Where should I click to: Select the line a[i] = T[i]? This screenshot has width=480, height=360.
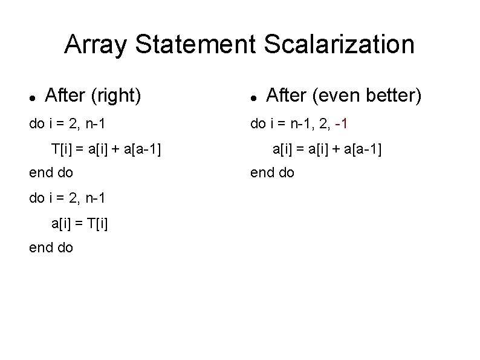point(80,223)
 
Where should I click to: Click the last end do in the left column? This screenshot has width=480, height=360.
point(51,247)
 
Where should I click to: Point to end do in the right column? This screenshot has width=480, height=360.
point(273,172)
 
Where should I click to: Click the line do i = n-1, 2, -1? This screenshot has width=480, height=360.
point(299,124)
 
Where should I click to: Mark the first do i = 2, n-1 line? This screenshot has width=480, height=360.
point(67,124)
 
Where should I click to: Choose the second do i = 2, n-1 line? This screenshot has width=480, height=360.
point(67,198)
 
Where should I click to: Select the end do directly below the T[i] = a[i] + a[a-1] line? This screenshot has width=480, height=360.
point(51,172)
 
